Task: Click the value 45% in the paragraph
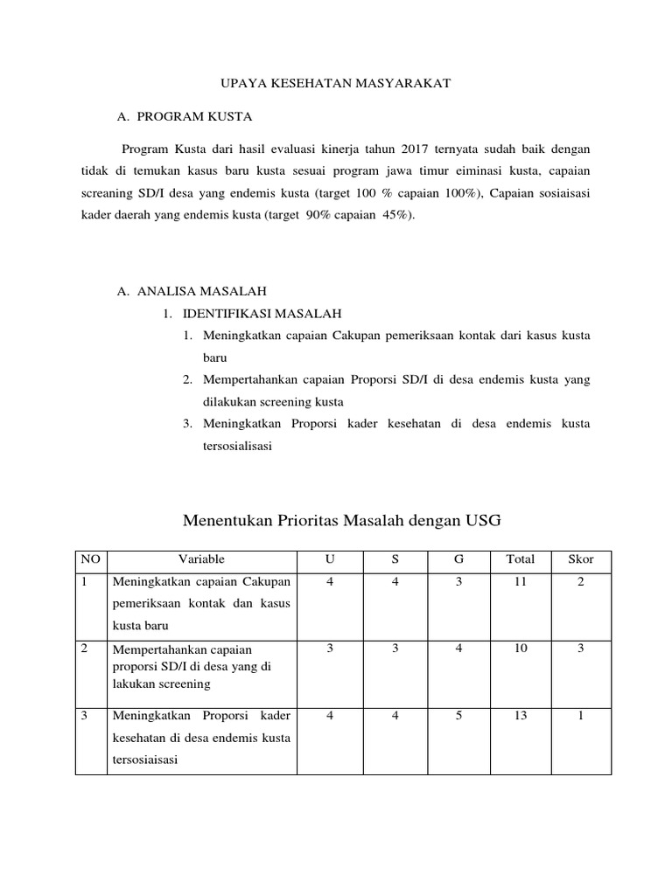click(395, 215)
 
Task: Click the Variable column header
click(201, 559)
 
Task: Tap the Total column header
click(521, 559)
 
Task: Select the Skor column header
click(581, 559)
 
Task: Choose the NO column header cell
click(90, 559)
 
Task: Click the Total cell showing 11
click(521, 582)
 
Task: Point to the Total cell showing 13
click(521, 715)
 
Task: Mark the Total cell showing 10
click(521, 649)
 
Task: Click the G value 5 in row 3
click(458, 715)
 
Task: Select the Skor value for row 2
click(581, 649)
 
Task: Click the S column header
click(395, 559)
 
